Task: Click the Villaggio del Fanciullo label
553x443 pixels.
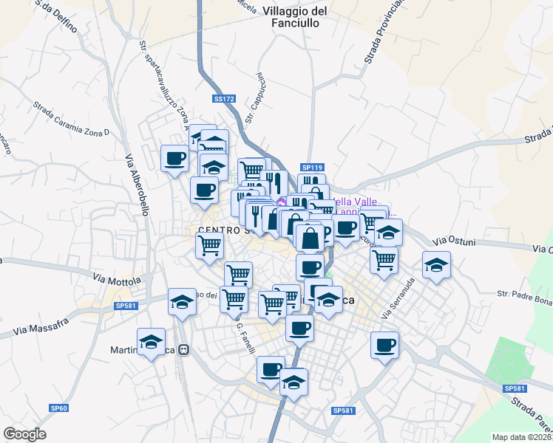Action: pos(295,17)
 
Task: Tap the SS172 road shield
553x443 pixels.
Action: pos(223,98)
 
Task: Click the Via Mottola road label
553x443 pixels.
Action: pos(117,280)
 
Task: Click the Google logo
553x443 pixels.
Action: pos(24,434)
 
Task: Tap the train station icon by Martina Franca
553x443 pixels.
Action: pos(189,350)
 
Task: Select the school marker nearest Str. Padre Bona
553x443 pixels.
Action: pos(436,265)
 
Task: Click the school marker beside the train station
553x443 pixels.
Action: pos(152,341)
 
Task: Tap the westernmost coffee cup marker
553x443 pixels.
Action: pos(175,158)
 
